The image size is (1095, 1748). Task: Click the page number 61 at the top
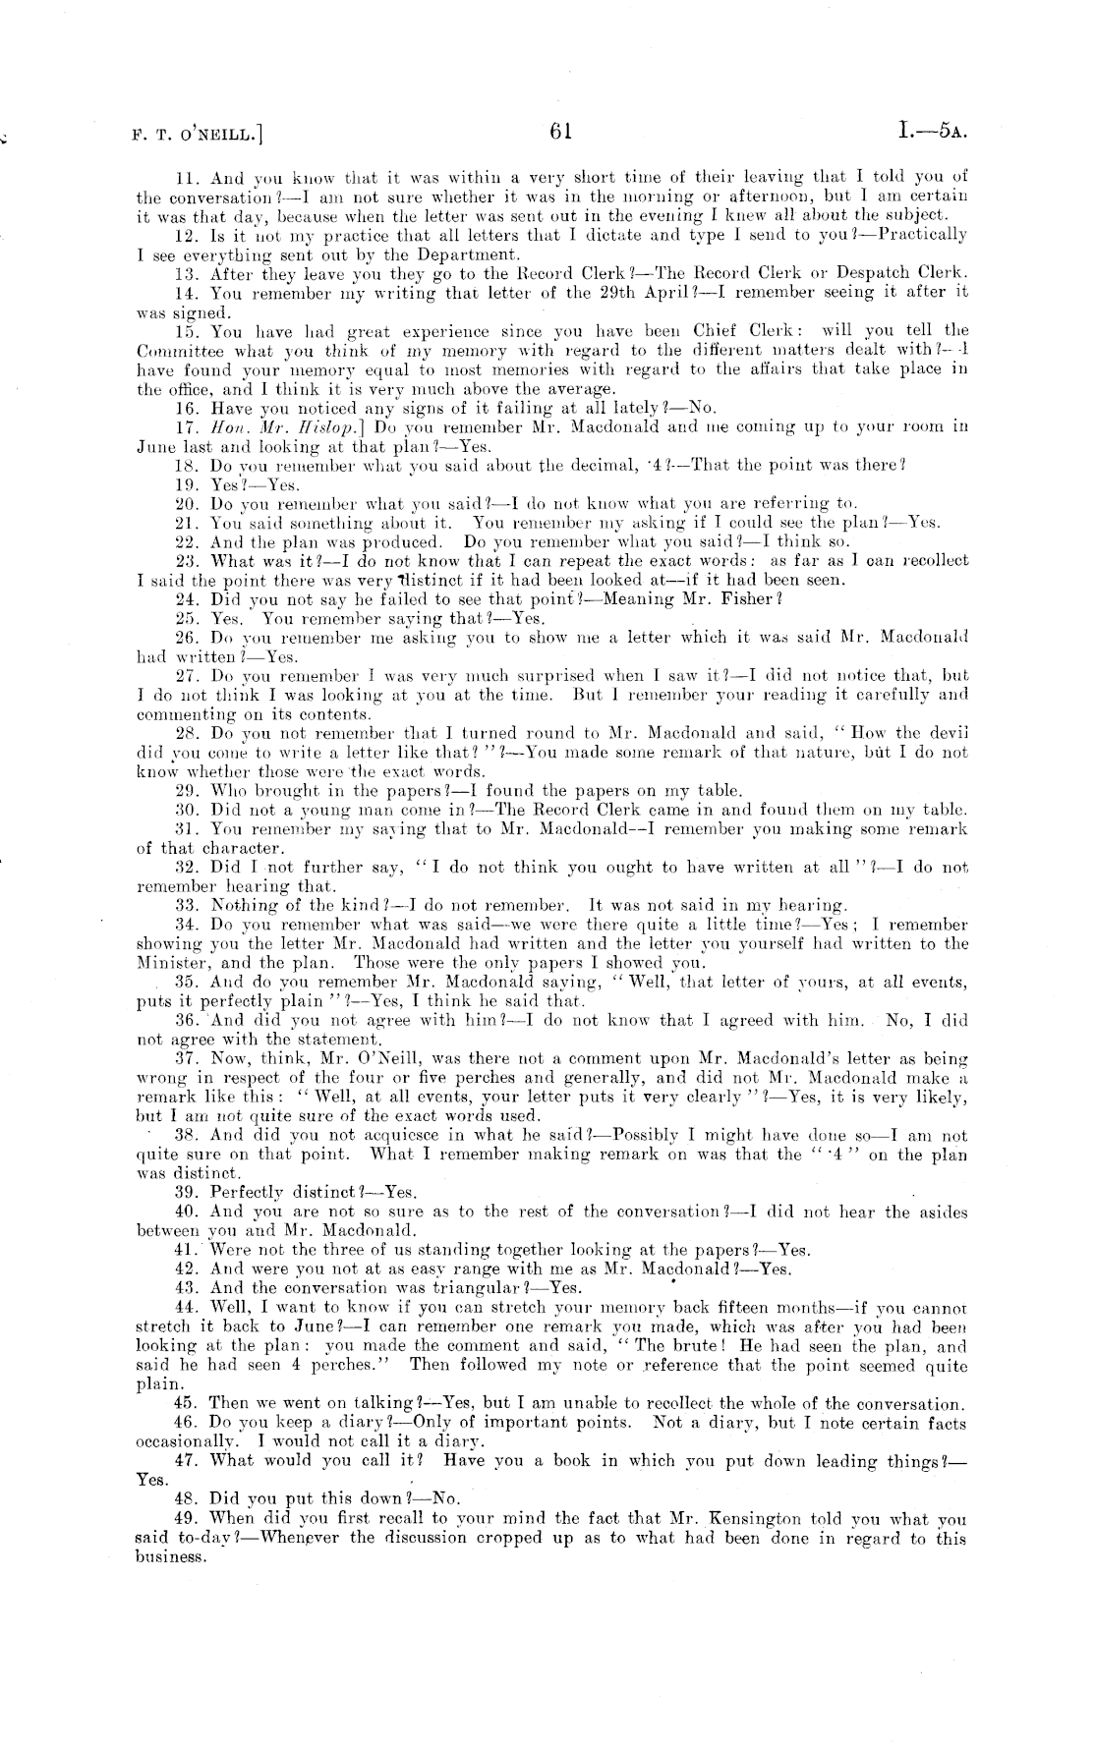[x=561, y=131]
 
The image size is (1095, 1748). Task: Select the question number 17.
[x=187, y=426]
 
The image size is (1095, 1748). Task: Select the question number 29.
[x=187, y=791]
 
